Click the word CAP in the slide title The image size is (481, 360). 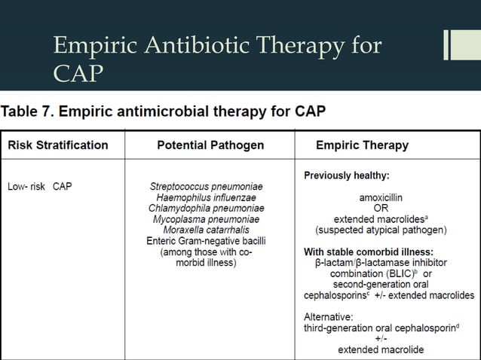tap(78, 74)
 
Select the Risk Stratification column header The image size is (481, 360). tap(57, 145)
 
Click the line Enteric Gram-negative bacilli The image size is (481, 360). tap(206, 241)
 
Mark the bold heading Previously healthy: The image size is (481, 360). tap(346, 175)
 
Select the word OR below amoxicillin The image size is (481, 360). tap(381, 208)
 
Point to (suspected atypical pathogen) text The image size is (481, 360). tap(381, 230)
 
